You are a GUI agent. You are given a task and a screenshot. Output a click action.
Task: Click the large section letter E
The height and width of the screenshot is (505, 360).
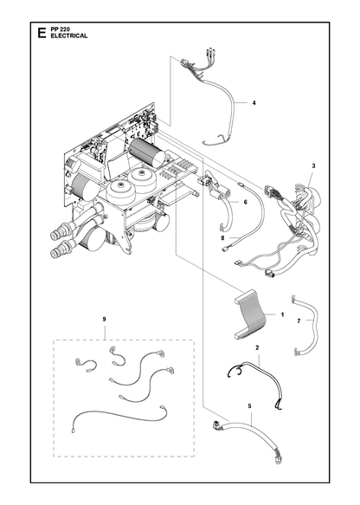pos(42,33)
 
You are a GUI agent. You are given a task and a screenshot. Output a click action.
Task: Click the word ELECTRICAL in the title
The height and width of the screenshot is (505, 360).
pos(69,36)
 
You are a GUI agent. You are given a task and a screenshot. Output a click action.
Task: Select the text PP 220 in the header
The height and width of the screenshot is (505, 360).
pos(58,29)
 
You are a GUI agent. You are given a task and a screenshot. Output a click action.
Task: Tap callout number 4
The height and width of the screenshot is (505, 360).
pos(254,103)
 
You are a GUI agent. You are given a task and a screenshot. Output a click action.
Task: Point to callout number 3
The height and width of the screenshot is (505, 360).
pos(313,165)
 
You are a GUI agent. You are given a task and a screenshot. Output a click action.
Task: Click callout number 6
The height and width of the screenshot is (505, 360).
pos(246,202)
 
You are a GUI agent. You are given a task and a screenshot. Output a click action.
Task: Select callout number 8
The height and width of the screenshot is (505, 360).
pos(222,238)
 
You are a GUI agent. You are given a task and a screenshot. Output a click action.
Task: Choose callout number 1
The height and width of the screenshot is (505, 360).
pos(282,314)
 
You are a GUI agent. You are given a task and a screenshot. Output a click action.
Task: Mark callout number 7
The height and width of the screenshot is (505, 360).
pos(299,320)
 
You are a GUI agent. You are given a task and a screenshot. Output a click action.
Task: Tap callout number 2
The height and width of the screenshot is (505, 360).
pos(257,347)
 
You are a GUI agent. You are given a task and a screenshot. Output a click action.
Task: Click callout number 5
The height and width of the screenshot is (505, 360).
pos(249,406)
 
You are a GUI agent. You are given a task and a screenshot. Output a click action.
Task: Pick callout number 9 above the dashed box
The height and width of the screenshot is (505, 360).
pos(104,319)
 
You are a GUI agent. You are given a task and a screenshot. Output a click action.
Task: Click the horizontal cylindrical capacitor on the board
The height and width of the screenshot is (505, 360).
pos(147,153)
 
